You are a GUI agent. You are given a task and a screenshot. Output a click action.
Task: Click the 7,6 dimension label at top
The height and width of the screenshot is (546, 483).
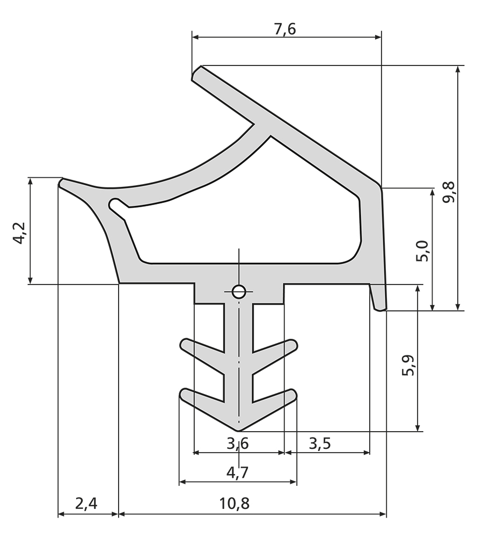pos(285,29)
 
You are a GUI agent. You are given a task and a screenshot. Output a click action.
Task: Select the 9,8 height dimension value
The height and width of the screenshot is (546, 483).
pos(449,192)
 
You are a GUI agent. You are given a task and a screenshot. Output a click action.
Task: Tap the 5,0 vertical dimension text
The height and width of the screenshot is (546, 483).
pos(424,251)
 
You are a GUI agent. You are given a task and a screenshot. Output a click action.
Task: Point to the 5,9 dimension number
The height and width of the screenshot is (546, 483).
pos(408,365)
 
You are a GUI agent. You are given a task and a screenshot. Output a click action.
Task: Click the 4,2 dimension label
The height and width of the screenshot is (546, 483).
pos(19,233)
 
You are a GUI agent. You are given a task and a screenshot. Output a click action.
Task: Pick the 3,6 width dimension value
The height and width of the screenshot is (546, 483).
pos(238,443)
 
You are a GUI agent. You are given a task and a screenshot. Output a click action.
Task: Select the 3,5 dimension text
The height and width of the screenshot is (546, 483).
pos(320,443)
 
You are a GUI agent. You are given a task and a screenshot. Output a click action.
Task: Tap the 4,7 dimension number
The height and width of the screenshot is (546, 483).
pos(238,473)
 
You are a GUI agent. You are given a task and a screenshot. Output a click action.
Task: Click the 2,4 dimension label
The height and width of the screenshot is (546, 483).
pos(86,504)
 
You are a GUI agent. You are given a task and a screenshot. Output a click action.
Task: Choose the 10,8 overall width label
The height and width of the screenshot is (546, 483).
pos(235,504)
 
